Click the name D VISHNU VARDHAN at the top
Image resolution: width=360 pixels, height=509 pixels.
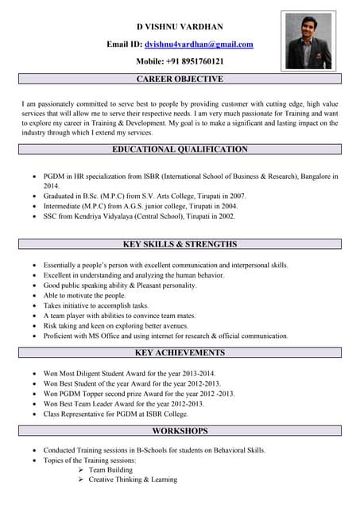pyautogui.click(x=180, y=26)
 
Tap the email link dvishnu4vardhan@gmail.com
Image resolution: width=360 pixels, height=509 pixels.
pyautogui.click(x=204, y=45)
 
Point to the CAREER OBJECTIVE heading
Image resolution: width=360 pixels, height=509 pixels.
pyautogui.click(x=180, y=79)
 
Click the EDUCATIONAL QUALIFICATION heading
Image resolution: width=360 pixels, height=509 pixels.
pyautogui.click(x=180, y=149)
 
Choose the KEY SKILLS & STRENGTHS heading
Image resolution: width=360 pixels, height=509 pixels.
pyautogui.click(x=180, y=244)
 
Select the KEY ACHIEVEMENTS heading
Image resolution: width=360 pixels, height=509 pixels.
pyautogui.click(x=180, y=352)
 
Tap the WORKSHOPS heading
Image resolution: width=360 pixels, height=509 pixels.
pyautogui.click(x=180, y=430)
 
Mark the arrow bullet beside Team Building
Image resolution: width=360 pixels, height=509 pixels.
pyautogui.click(x=81, y=470)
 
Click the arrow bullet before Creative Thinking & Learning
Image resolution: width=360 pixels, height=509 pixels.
pyautogui.click(x=81, y=480)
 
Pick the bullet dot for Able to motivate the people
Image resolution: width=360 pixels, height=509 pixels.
pyautogui.click(x=33, y=295)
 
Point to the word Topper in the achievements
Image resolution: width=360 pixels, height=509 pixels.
pyautogui.click(x=99, y=394)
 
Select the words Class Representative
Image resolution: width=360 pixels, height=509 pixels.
pyautogui.click(x=80, y=414)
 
